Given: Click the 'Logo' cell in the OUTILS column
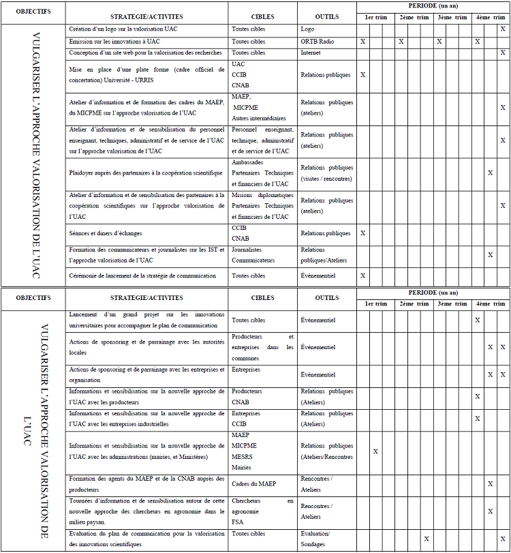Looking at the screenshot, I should click(307, 29).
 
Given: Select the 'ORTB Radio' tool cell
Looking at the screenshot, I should click(317, 42).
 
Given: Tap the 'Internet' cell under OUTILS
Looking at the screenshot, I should click(311, 53).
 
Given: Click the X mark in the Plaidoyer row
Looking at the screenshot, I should click(490, 173).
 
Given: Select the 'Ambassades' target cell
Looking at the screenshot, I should click(262, 173).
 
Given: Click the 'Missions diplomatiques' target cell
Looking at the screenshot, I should click(262, 206).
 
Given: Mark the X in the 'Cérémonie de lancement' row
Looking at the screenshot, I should click(362, 276).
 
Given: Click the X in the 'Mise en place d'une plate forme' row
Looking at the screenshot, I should click(362, 74).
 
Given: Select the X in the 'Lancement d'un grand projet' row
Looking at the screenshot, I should click(478, 320).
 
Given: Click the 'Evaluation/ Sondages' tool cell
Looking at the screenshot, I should click(315, 539).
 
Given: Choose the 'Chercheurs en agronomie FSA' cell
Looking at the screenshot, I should click(262, 511).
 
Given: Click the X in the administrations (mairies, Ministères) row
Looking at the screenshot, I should click(375, 451).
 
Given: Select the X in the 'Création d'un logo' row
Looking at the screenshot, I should click(503, 29).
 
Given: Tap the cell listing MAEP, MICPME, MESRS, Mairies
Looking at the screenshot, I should click(262, 451).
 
